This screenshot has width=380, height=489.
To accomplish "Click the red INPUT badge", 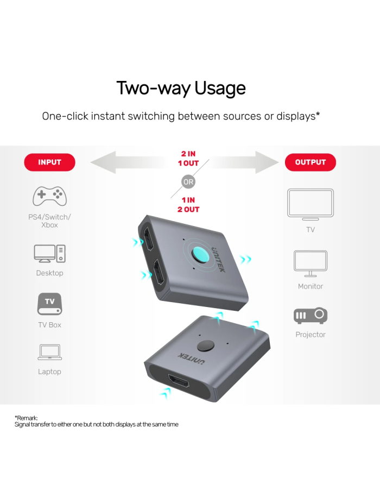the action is pos(49,162).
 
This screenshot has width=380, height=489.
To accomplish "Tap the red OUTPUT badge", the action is pos(310,162).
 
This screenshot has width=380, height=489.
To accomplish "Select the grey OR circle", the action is pos(188,182).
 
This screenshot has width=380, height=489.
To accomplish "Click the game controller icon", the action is pos(49,196).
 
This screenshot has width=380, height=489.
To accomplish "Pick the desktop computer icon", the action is pos(49,253).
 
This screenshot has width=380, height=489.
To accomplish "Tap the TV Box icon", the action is pos(49,304).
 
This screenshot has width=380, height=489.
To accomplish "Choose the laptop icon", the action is pos(49,352).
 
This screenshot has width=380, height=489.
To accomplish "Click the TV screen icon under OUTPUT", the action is pos(310,204).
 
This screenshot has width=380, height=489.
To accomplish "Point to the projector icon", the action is pos(310,316).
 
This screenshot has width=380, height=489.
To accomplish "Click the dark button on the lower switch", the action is pos(206,346).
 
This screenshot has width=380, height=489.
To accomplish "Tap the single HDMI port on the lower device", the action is pos(179,381).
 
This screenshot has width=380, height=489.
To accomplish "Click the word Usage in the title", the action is pos(220,88).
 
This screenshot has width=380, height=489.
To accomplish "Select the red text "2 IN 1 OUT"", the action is pos(188,159).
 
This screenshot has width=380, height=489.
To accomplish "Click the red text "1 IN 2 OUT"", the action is pos(188,205).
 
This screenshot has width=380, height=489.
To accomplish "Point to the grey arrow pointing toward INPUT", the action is pos(131,162).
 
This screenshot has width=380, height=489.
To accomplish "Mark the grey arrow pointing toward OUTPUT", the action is pos(243,162).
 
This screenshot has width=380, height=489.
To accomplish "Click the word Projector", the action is pos(310,335).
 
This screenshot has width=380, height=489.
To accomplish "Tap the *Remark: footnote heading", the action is pos(26,418).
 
